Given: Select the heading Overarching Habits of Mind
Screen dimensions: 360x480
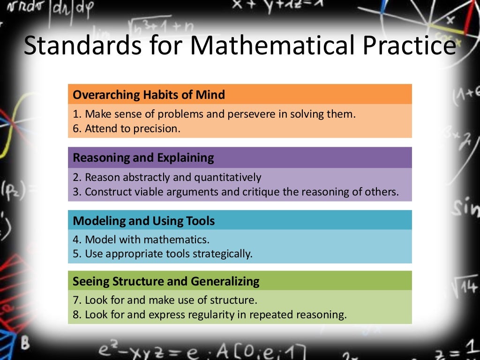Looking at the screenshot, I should point(149,95).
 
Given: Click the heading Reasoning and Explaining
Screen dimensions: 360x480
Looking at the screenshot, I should point(143,158).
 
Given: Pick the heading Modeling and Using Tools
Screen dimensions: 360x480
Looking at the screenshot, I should point(144,221).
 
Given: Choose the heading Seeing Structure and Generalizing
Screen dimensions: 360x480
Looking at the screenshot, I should point(166,282).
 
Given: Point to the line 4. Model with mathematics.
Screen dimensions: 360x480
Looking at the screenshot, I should point(141,240).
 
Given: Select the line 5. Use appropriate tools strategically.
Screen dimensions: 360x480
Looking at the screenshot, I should point(163,254).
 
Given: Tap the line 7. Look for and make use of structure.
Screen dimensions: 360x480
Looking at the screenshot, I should point(165,300).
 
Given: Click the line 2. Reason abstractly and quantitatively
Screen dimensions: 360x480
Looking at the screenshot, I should point(167,178).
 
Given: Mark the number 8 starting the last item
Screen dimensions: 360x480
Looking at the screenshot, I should point(75,315).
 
